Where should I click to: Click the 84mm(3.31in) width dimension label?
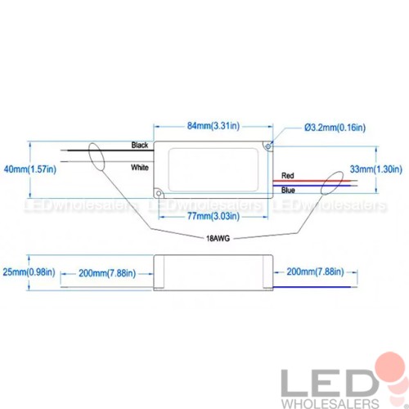click(213, 126)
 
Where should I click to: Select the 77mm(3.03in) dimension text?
click(213, 216)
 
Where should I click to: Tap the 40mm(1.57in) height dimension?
click(30, 169)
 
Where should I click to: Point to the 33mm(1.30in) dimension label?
click(376, 169)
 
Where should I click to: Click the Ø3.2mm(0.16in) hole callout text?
click(335, 128)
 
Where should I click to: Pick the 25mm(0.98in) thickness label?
click(29, 272)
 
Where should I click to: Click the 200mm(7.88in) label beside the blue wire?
click(315, 272)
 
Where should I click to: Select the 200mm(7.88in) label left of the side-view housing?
click(107, 273)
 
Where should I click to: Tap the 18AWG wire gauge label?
click(218, 239)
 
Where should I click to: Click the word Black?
click(140, 145)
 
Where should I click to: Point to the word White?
click(140, 168)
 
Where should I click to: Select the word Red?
click(288, 176)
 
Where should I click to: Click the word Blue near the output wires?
click(288, 190)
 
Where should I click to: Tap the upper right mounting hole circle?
click(268, 146)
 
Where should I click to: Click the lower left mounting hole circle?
click(159, 193)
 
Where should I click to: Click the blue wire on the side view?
click(312, 287)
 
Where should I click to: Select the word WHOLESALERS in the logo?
click(330, 403)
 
